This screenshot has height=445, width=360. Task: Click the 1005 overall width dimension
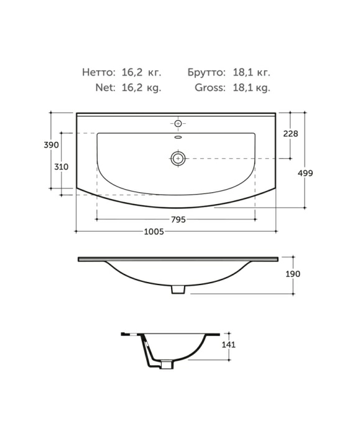click(x=154, y=232)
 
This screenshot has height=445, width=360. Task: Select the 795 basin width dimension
click(x=178, y=219)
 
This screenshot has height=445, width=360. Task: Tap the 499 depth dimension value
click(x=305, y=173)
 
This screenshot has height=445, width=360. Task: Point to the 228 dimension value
click(x=290, y=133)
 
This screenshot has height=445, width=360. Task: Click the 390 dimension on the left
click(x=52, y=145)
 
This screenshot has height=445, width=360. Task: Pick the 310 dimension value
click(x=61, y=167)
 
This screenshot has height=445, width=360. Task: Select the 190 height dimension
click(x=292, y=274)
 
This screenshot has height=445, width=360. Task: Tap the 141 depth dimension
click(x=228, y=345)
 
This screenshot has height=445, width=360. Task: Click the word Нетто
click(x=99, y=72)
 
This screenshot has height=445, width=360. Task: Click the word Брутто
click(x=206, y=72)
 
